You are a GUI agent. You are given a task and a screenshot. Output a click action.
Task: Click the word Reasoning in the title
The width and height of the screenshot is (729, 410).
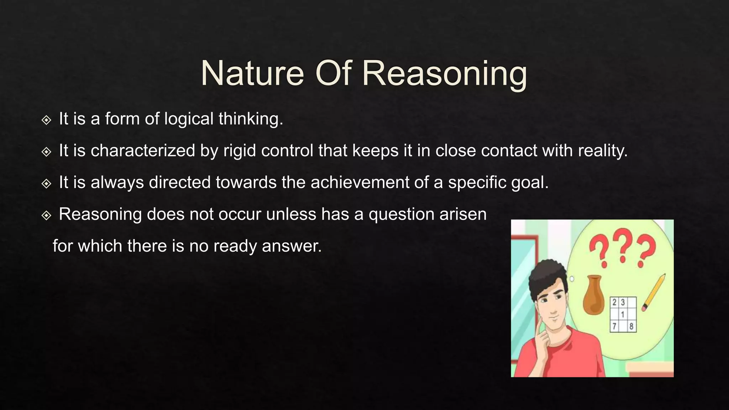pos(444,74)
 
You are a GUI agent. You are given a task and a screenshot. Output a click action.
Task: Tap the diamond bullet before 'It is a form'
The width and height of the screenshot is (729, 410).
pos(46,120)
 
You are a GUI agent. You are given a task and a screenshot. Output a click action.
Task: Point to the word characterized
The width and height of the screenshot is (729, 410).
pos(143,151)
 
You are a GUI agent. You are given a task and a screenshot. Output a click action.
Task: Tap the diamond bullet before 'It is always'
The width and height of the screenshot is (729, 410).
pos(46,184)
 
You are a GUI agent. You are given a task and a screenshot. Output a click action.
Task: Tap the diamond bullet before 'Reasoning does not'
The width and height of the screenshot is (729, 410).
pos(46,215)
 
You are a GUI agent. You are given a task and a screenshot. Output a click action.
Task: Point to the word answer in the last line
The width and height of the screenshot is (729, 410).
pos(292,246)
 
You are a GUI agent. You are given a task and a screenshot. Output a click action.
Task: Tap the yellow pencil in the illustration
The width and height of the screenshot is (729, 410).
pos(654,292)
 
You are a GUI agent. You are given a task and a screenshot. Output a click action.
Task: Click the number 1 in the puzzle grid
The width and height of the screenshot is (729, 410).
pos(623,315)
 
